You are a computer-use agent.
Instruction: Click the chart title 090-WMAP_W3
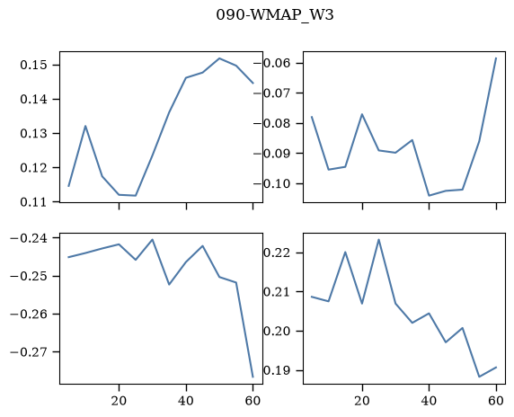pyautogui.click(x=275, y=15)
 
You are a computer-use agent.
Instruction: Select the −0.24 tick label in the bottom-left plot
pyautogui.click(x=28, y=238)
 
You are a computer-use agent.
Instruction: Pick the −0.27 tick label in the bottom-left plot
pyautogui.click(x=28, y=352)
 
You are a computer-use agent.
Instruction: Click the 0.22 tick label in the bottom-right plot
pyautogui.click(x=277, y=253)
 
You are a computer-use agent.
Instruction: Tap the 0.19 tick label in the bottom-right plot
pyautogui.click(x=277, y=370)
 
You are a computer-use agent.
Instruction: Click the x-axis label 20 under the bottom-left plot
pyautogui.click(x=119, y=401)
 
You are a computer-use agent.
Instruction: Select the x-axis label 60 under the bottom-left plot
pyautogui.click(x=253, y=401)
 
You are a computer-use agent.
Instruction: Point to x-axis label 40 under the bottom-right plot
pyautogui.click(x=430, y=401)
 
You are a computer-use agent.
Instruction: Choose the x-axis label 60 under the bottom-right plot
pyautogui.click(x=496, y=401)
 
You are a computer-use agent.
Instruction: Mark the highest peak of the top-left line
pyautogui.click(x=219, y=58)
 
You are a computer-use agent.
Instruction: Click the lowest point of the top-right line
pyautogui.click(x=430, y=196)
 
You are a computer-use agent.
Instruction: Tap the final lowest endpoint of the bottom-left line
pyautogui.click(x=253, y=377)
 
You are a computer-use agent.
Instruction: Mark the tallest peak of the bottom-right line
pyautogui.click(x=379, y=239)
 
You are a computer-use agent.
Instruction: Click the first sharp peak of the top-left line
pyautogui.click(x=85, y=126)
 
